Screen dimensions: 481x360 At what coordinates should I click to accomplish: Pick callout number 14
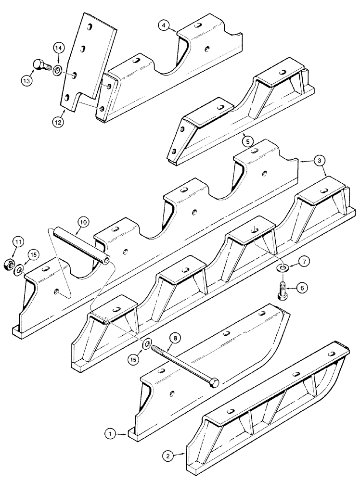[58, 48]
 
